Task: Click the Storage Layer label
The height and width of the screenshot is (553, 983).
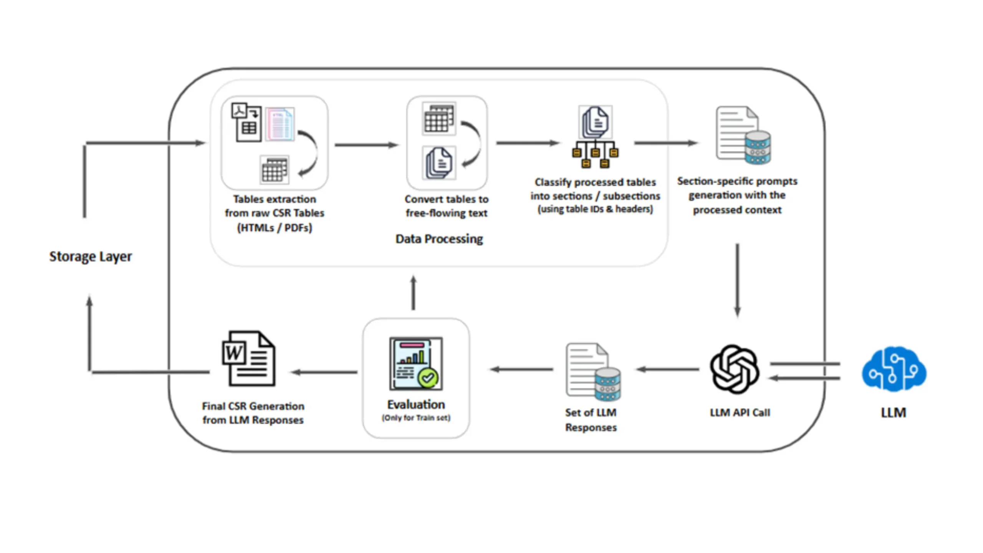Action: tap(90, 256)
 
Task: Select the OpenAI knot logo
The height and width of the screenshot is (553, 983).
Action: tap(734, 369)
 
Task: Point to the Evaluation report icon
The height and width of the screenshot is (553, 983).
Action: tap(416, 363)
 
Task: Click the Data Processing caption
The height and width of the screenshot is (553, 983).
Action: tap(439, 239)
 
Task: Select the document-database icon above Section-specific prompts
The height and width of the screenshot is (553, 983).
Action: tap(743, 135)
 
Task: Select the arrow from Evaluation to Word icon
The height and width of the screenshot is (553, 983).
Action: tap(324, 372)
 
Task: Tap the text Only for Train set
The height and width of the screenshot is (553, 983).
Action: tap(416, 418)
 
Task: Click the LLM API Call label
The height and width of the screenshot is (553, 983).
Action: tap(740, 412)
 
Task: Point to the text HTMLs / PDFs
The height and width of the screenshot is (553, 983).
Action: tap(274, 228)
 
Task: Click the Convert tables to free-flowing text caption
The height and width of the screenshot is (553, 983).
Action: tap(446, 206)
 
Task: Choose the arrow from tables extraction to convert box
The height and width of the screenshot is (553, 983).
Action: tap(366, 145)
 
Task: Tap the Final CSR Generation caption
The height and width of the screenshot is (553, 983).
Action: tap(253, 413)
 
